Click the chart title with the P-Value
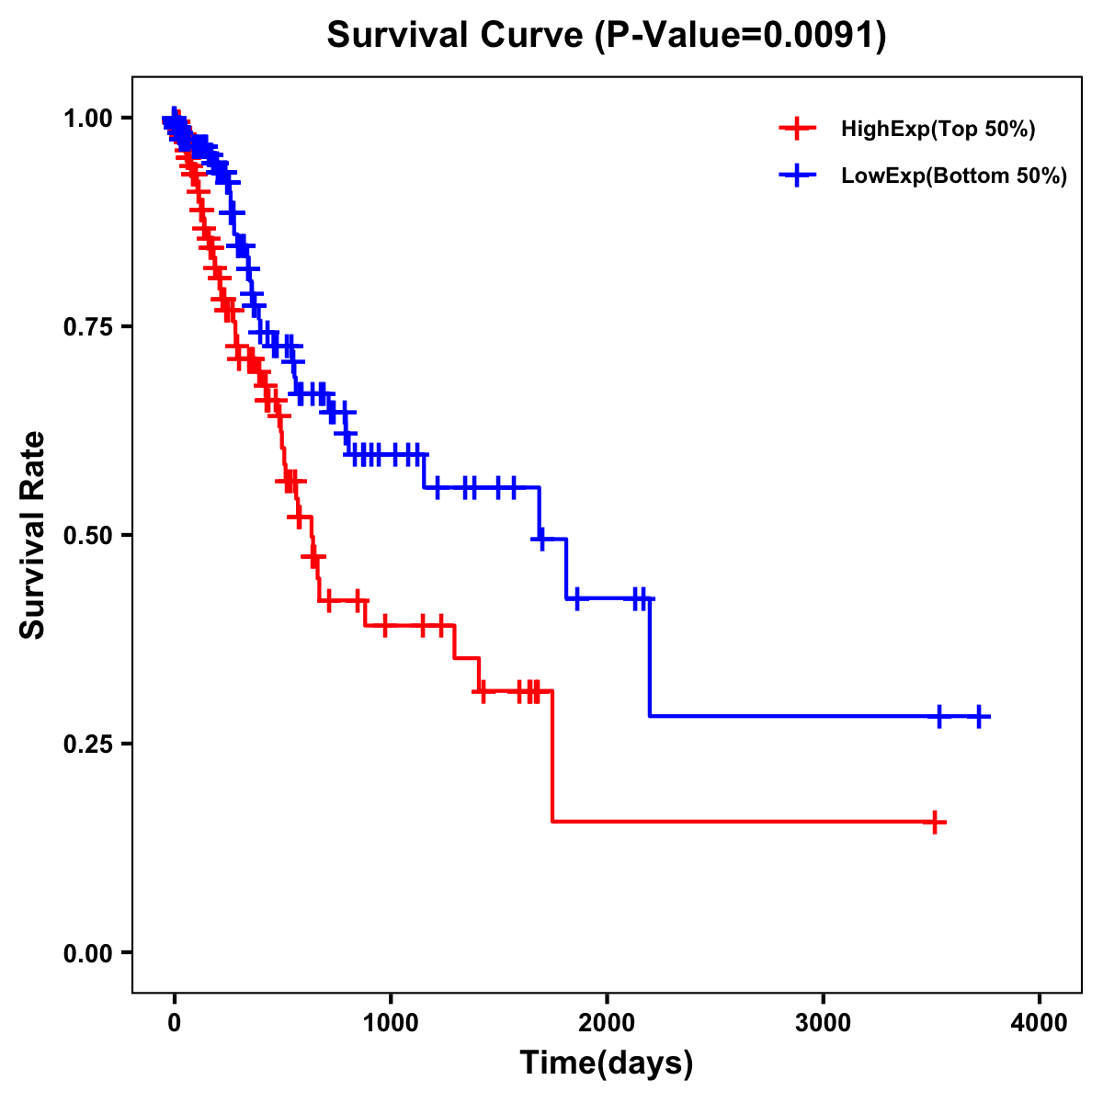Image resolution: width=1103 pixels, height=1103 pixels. click(x=607, y=36)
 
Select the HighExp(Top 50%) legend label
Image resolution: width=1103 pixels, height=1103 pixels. click(x=938, y=130)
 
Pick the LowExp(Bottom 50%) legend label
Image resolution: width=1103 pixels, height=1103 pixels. click(x=954, y=176)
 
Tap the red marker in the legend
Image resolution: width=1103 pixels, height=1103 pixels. click(x=797, y=129)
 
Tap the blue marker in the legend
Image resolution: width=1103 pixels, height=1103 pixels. click(x=797, y=176)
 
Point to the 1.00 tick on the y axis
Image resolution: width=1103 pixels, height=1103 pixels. click(x=87, y=119)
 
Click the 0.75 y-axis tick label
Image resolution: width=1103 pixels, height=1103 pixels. click(x=87, y=327)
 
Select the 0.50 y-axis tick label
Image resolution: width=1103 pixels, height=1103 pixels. click(x=87, y=536)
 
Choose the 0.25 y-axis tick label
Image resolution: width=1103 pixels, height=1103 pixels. click(x=87, y=745)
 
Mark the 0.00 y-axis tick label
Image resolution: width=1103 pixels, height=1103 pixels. click(x=87, y=953)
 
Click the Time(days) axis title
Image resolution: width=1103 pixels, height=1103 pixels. click(x=607, y=1063)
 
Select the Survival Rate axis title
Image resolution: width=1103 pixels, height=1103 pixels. click(x=33, y=535)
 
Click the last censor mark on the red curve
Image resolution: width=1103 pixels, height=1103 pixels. click(x=934, y=822)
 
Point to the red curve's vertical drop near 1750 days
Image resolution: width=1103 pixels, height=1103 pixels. click(x=552, y=756)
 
